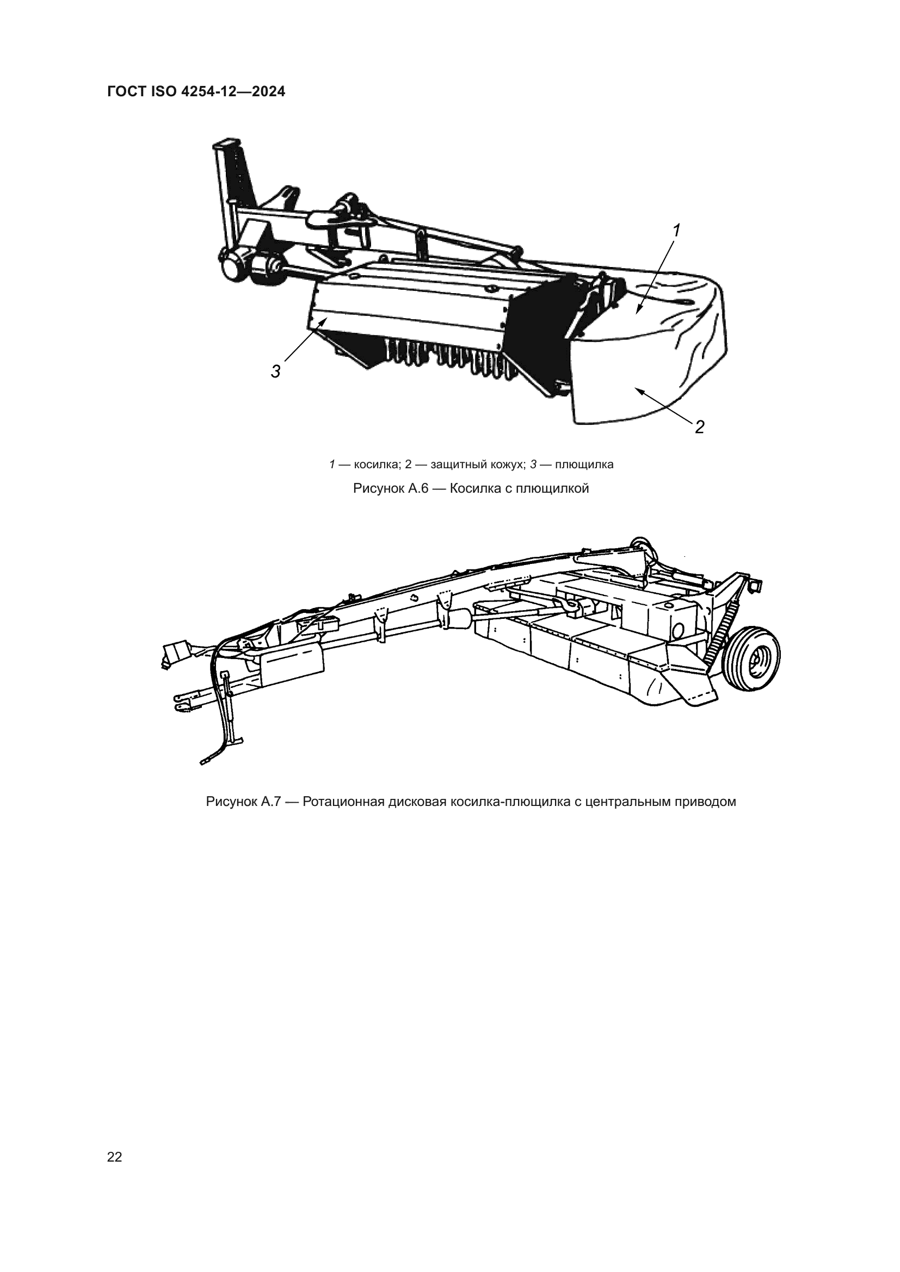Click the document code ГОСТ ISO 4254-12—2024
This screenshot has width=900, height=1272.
(x=196, y=92)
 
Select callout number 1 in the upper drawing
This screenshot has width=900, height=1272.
(x=676, y=230)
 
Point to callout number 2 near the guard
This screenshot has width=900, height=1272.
(x=699, y=427)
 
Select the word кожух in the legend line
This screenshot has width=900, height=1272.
(x=504, y=465)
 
